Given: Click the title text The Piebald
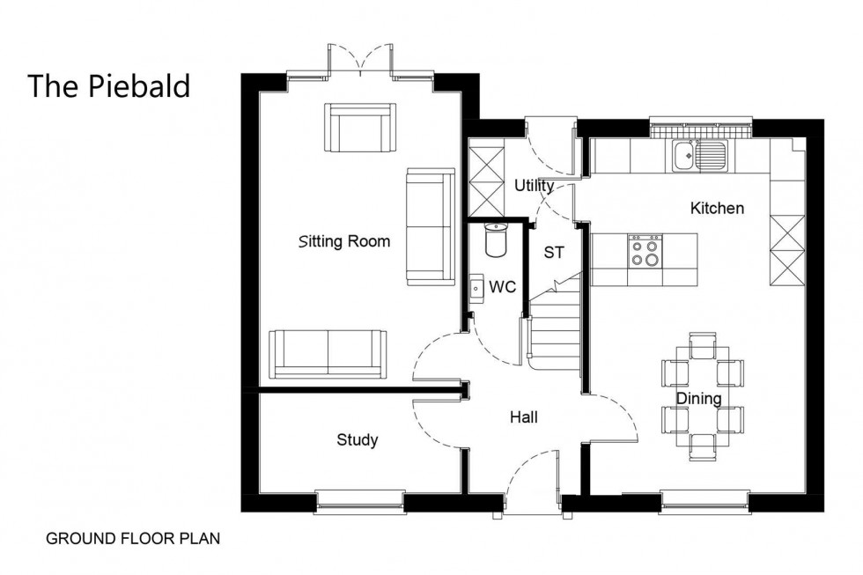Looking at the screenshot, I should pos(108,86).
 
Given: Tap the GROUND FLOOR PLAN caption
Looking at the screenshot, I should pos(132,538).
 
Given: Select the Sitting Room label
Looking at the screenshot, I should pos(343,241).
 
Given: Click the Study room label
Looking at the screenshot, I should pos(357,439).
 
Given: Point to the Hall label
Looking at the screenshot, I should pos(523,417).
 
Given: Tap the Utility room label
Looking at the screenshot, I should pos(534,186).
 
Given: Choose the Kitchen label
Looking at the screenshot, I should pos(717,209).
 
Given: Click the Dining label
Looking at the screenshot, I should pos(698,399).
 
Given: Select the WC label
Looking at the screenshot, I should pos(502,287).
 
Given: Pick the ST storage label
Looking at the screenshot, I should pos(553,254).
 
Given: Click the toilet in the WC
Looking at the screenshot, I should pos(498,240).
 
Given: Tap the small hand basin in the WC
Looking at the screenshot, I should pos(476,288).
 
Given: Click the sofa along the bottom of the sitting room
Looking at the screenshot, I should pos(328,353).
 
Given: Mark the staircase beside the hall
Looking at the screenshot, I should pos(555,330).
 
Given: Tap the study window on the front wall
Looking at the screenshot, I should pos(359,502).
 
